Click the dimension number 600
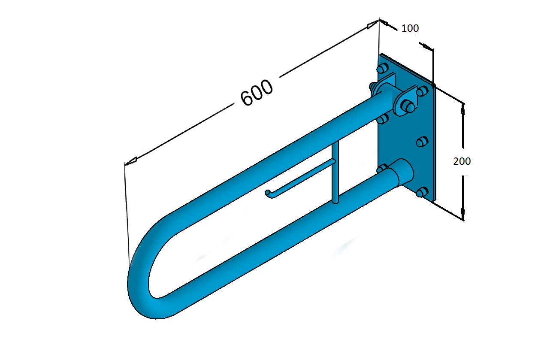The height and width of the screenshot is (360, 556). pyautogui.click(x=257, y=92)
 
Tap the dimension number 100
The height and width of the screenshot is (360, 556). pyautogui.click(x=410, y=28)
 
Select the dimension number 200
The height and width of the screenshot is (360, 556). pyautogui.click(x=462, y=161)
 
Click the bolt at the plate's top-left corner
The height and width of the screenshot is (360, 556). pyautogui.click(x=383, y=68)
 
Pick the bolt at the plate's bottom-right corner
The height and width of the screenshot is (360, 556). pyautogui.click(x=422, y=192)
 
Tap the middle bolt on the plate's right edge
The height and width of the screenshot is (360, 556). pyautogui.click(x=422, y=141)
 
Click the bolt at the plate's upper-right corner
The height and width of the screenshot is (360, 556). pyautogui.click(x=423, y=91)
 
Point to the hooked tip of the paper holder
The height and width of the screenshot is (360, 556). pyautogui.click(x=268, y=193)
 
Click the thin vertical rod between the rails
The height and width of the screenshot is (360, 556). pyautogui.click(x=335, y=172)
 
